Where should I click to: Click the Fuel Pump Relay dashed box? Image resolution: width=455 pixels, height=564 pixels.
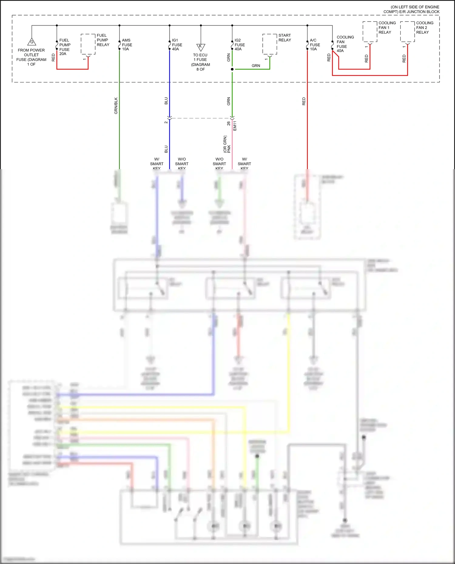[x=88, y=44]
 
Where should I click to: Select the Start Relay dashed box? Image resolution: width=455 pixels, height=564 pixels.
[x=270, y=44]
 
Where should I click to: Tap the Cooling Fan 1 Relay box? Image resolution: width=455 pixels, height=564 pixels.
[x=370, y=32]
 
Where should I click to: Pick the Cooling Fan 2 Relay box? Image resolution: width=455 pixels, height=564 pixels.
[x=407, y=32]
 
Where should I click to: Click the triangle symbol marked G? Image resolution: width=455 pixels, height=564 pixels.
[x=32, y=42]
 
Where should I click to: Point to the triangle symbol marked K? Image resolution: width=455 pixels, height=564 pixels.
[x=201, y=47]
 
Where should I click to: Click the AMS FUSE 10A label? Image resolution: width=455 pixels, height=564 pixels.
[x=127, y=45]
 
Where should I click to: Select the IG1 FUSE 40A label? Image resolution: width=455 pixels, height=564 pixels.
[x=177, y=45]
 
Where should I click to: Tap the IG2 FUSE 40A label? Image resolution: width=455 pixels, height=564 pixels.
[x=239, y=45]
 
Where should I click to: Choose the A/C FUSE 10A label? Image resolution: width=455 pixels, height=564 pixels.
[x=315, y=45]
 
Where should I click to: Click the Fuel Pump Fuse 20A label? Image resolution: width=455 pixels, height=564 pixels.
[x=65, y=47]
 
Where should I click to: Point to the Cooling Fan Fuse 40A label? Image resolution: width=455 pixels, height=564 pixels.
[x=345, y=44]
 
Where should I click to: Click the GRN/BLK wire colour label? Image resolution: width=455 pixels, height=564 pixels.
[x=116, y=106]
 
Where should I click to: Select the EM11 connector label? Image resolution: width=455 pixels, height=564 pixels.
[x=235, y=126]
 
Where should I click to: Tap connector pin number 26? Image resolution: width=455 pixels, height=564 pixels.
[x=228, y=124]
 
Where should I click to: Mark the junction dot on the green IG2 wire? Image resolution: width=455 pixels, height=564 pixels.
[x=232, y=69]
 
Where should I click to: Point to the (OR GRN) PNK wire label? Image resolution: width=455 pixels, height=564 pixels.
[x=227, y=144]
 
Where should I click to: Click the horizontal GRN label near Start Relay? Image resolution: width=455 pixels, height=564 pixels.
[x=256, y=66]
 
